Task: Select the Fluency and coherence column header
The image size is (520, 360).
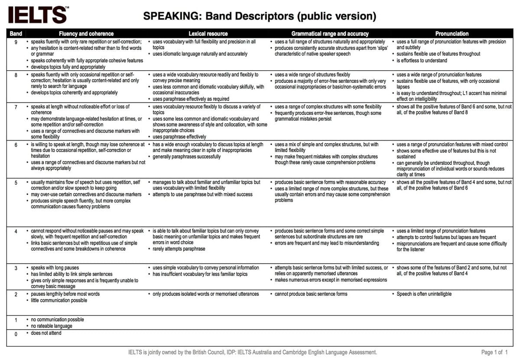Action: pyautogui.click(x=86, y=33)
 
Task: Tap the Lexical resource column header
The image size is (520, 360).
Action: pyautogui.click(x=208, y=33)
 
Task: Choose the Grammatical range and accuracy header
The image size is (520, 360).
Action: pyautogui.click(x=330, y=33)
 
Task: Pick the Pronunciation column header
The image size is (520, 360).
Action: pyautogui.click(x=452, y=33)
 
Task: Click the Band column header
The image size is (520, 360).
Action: pyautogui.click(x=16, y=33)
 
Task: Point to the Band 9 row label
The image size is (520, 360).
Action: pyautogui.click(x=16, y=42)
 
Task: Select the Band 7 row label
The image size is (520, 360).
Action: pyautogui.click(x=16, y=107)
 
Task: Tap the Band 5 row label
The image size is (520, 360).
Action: pyautogui.click(x=16, y=183)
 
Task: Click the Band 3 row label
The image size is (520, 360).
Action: pyautogui.click(x=16, y=268)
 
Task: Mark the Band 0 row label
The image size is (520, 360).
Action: pyautogui.click(x=16, y=334)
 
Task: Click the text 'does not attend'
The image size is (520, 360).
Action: pyautogui.click(x=46, y=333)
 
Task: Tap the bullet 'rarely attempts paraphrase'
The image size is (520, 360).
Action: pyautogui.click(x=179, y=249)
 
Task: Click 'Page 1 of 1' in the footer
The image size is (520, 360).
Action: pyautogui.click(x=494, y=352)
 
